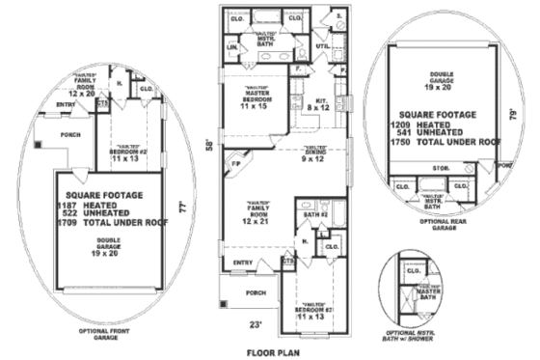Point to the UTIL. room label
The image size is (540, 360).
click(x=323, y=44)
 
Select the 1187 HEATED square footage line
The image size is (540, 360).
click(x=93, y=205)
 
